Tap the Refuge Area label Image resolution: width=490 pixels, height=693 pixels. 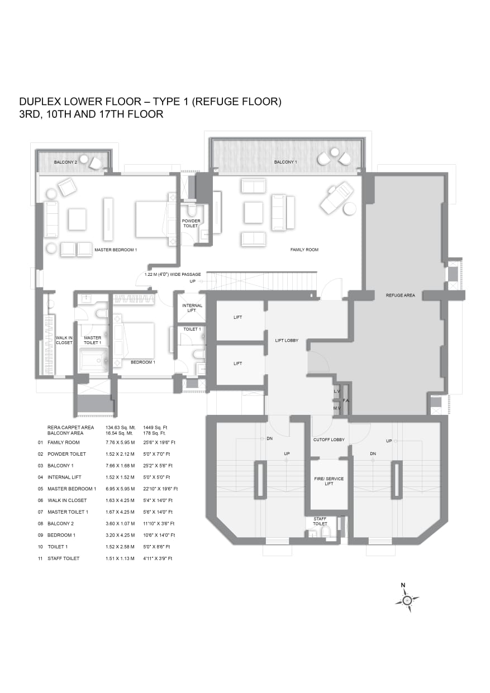[400, 295]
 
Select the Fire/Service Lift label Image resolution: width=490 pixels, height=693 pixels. [329, 481]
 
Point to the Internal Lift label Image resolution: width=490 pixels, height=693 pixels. [192, 308]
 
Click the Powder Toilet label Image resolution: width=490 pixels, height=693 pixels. [191, 223]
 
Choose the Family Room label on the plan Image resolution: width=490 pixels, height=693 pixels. [305, 250]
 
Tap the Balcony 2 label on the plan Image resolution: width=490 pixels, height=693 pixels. [65, 162]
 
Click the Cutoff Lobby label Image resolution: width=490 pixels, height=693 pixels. [329, 439]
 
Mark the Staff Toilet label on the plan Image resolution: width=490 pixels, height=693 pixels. [320, 522]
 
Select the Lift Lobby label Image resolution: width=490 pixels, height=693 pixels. [287, 340]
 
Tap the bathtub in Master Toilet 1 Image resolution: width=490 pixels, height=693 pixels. [94, 360]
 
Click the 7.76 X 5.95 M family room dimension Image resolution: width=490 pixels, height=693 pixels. [120, 442]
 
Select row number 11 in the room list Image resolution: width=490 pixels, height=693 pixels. [40, 558]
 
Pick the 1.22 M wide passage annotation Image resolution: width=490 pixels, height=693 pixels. [173, 274]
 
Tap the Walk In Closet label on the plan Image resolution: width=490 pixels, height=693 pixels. [64, 340]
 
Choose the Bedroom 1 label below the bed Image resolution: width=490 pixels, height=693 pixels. [142, 362]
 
